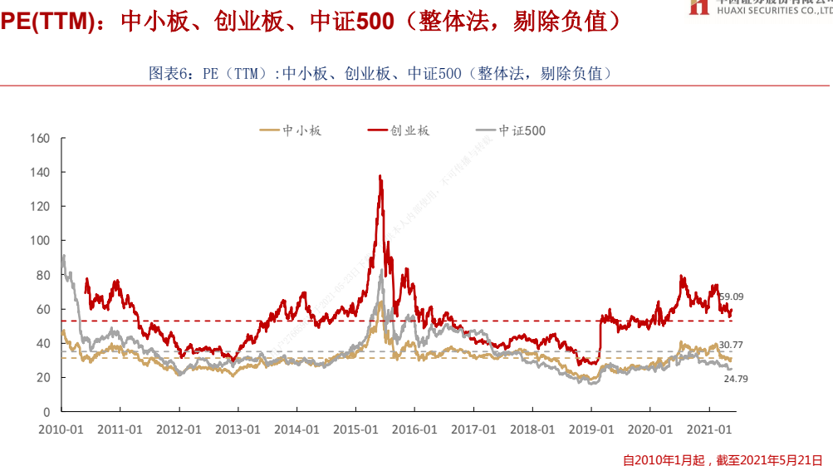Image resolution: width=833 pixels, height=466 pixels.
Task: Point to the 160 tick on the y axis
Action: (41, 138)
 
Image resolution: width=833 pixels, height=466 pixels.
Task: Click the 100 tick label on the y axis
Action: (41, 240)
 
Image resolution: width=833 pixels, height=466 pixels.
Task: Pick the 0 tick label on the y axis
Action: (47, 411)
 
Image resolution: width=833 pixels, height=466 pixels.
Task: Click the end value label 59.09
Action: (731, 296)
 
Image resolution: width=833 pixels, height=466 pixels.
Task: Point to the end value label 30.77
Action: (731, 345)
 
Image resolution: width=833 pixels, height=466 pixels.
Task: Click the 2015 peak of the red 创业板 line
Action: (380, 176)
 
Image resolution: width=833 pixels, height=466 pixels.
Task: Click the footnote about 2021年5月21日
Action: (723, 459)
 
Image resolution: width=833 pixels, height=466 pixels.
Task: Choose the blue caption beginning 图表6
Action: (380, 73)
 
